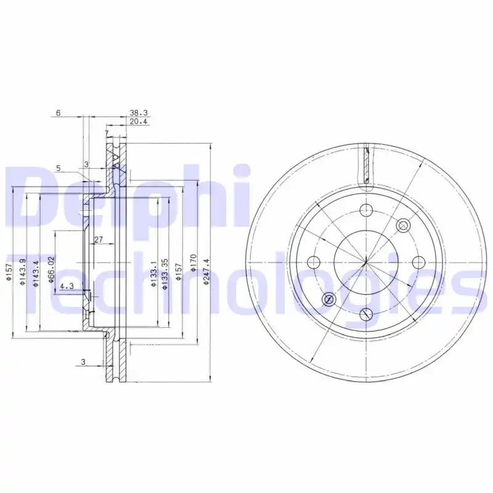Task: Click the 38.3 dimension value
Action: (138, 113)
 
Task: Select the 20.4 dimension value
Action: (138, 121)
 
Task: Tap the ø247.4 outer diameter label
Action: (206, 271)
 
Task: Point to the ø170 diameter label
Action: (193, 264)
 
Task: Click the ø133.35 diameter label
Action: (165, 274)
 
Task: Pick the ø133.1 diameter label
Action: (153, 273)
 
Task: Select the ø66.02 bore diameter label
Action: (52, 269)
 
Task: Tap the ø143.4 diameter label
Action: (36, 273)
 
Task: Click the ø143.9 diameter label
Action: (22, 272)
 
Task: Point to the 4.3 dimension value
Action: (67, 286)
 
